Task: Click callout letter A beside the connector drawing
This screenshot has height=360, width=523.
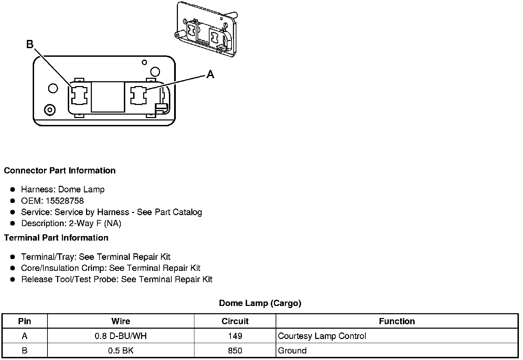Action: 210,74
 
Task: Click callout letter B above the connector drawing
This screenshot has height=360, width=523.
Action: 30,44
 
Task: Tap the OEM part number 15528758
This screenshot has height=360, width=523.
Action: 65,201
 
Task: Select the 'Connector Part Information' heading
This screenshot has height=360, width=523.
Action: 60,171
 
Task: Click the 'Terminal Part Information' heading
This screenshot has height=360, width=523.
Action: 56,238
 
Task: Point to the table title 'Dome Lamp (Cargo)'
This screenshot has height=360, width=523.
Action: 260,303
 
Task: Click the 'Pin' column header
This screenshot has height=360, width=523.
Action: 24,321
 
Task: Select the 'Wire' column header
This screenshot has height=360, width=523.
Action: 121,321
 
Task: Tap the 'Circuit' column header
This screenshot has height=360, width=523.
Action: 235,321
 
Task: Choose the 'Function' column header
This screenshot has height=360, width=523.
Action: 397,321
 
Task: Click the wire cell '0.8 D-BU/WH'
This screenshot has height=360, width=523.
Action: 121,336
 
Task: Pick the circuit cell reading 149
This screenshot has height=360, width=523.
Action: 235,336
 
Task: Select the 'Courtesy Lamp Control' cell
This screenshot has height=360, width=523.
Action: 322,336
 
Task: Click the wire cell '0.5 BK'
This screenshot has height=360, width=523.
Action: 121,351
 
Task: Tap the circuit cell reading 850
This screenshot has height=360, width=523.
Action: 235,351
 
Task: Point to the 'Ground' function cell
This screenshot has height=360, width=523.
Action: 292,351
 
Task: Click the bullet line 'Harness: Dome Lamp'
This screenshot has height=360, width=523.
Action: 63,190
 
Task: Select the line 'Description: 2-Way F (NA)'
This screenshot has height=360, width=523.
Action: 71,223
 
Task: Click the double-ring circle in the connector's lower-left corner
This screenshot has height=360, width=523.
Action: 50,110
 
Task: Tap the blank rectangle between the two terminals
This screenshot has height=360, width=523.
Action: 108,97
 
